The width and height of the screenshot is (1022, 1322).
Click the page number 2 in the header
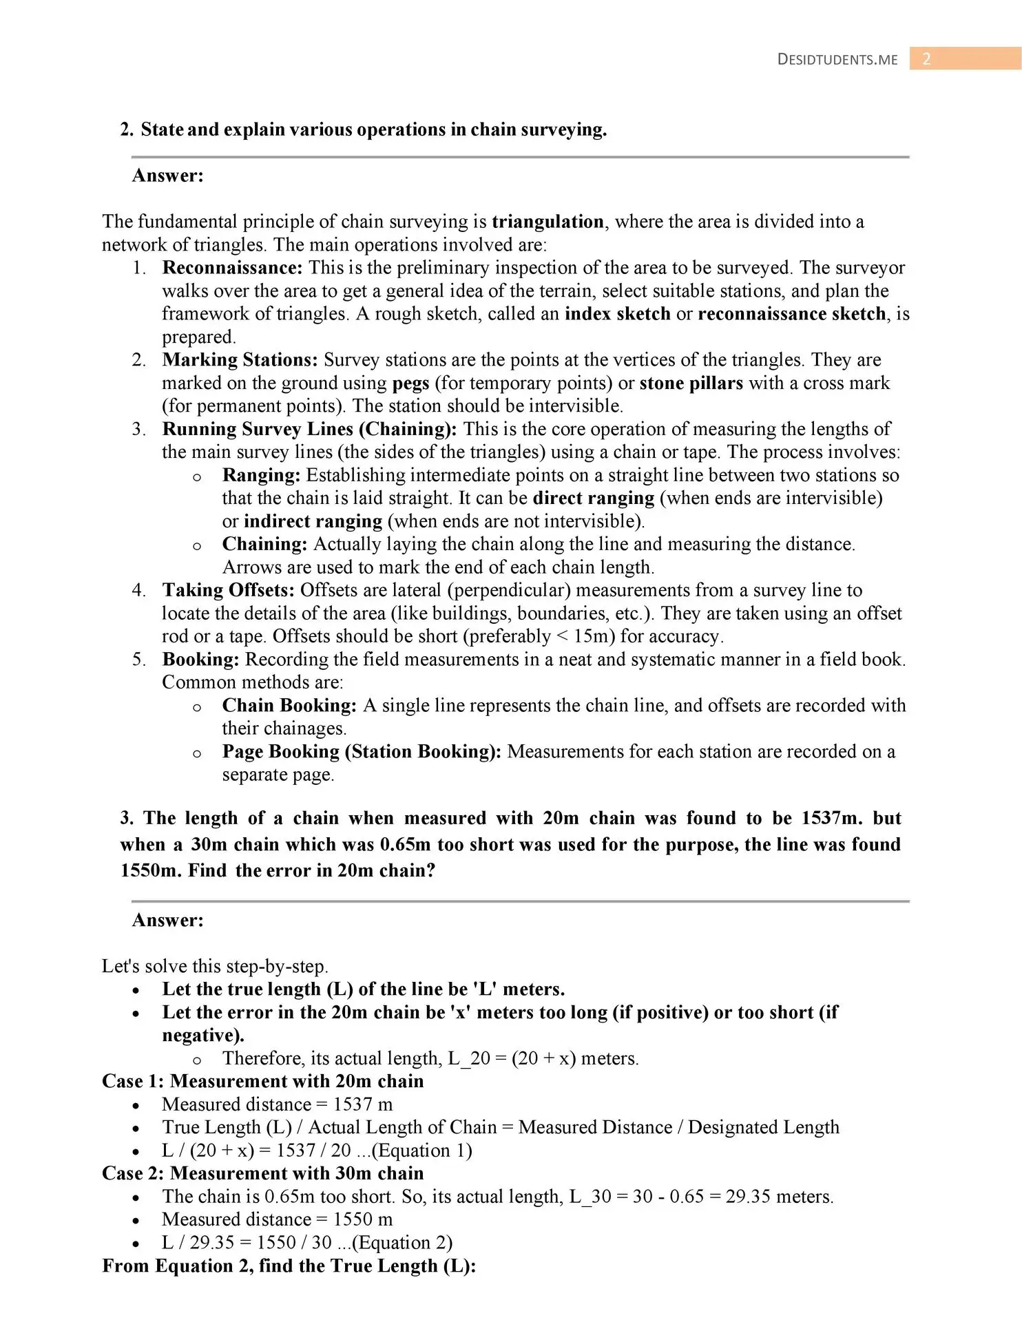click(926, 59)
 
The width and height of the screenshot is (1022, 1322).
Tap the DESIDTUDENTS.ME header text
click(837, 60)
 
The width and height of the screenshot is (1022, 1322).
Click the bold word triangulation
click(547, 222)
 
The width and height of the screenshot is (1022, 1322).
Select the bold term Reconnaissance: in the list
click(232, 268)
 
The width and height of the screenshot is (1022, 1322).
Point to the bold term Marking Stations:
click(240, 360)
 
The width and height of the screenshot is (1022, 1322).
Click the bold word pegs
click(410, 383)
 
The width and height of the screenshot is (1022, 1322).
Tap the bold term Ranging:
click(261, 475)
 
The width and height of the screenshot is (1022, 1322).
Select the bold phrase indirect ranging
click(313, 521)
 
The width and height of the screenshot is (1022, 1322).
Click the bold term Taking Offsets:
click(229, 590)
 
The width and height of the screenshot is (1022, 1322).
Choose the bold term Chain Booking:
click(289, 706)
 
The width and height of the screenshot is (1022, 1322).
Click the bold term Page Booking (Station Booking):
click(362, 752)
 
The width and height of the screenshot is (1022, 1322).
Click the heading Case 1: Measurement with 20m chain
click(262, 1081)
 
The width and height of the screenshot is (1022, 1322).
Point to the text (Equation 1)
click(421, 1151)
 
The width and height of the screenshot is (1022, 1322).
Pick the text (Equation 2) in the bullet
click(402, 1243)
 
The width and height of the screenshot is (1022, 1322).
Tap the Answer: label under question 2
click(167, 176)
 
